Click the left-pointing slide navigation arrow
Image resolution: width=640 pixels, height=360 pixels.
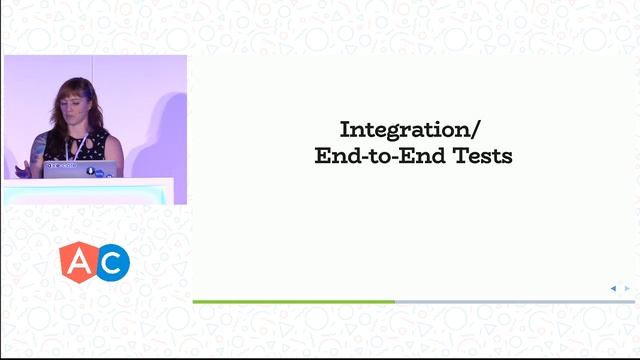pyautogui.click(x=613, y=288)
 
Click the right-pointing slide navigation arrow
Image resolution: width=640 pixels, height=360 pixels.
pyautogui.click(x=627, y=288)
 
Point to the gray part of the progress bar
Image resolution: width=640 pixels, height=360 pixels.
pyautogui.click(x=514, y=301)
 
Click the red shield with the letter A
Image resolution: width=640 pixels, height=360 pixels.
pyautogui.click(x=77, y=262)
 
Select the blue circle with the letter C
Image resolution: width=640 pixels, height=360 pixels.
pyautogui.click(x=113, y=262)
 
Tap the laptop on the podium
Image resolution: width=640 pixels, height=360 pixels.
pyautogui.click(x=82, y=169)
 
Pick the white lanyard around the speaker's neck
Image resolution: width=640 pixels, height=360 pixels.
pyautogui.click(x=73, y=140)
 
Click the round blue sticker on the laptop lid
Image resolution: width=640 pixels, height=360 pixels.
pyautogui.click(x=90, y=171)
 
